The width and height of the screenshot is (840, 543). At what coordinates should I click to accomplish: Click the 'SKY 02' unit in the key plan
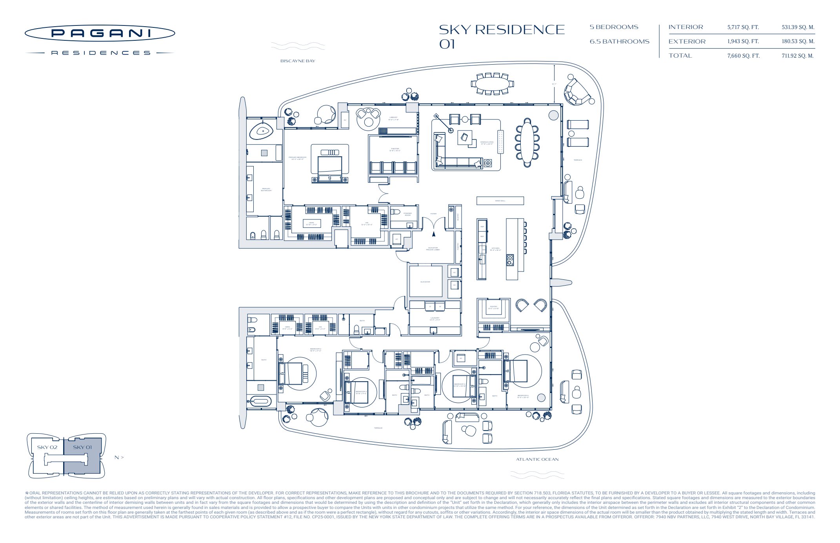pyautogui.click(x=47, y=447)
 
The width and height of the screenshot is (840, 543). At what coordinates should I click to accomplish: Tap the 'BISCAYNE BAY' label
pyautogui.click(x=298, y=61)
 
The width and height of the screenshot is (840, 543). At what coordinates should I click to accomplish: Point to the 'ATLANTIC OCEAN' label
pyautogui.click(x=537, y=459)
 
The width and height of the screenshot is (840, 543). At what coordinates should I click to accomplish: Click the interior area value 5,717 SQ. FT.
pyautogui.click(x=743, y=27)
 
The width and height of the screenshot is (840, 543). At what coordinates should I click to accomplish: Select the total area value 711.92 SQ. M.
pyautogui.click(x=797, y=56)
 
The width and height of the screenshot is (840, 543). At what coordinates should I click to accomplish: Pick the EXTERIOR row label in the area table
pyautogui.click(x=687, y=42)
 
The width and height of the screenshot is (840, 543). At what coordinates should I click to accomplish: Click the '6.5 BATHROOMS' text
pyautogui.click(x=619, y=42)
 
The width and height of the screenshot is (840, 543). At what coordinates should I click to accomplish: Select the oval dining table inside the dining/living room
pyautogui.click(x=527, y=140)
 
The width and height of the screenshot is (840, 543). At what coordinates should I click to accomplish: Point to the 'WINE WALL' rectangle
pyautogui.click(x=500, y=201)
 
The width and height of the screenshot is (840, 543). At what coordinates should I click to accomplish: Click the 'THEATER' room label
pyautogui.click(x=395, y=149)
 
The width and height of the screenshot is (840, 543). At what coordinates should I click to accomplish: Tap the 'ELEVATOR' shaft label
pyautogui.click(x=425, y=282)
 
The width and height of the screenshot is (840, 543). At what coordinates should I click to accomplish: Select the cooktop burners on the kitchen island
pyautogui.click(x=510, y=260)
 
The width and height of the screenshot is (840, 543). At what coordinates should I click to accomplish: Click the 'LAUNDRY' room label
pyautogui.click(x=435, y=319)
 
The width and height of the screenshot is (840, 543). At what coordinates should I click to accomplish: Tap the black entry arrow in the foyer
pyautogui.click(x=433, y=234)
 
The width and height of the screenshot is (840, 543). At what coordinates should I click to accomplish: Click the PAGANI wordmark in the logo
pyautogui.click(x=100, y=33)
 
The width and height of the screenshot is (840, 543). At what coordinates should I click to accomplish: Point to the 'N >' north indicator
pyautogui.click(x=119, y=457)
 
